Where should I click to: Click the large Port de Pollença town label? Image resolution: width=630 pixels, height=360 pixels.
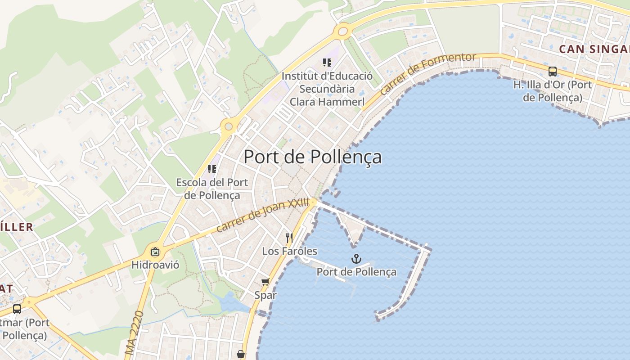[312, 157]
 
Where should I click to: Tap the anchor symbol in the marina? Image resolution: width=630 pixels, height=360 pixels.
[356, 259]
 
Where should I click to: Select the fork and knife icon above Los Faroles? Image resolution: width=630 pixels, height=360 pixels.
[289, 237]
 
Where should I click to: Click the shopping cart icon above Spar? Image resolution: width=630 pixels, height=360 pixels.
[265, 282]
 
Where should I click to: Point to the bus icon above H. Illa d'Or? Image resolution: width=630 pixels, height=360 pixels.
[552, 71]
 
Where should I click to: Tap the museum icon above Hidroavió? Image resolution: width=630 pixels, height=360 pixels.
[155, 252]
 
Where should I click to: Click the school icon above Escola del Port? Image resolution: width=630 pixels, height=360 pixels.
[212, 169]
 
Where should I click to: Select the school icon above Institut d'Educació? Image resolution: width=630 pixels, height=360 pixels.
[327, 63]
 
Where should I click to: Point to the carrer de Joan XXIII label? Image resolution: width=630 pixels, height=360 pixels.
[263, 215]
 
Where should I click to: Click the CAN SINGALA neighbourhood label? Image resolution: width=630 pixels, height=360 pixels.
[594, 49]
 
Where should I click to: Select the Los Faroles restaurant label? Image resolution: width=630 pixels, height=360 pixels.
[289, 251]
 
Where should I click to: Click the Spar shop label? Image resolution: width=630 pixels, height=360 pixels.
[265, 295]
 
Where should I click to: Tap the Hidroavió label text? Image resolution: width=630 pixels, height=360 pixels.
[155, 265]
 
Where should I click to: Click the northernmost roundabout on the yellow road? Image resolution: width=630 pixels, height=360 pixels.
[343, 31]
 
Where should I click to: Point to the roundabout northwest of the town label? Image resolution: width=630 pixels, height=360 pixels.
[229, 126]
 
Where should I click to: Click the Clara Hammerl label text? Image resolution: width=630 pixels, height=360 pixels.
[327, 102]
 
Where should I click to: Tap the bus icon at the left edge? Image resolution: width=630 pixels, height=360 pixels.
[17, 309]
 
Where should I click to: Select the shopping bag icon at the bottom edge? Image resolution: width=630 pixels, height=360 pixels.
[241, 354]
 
